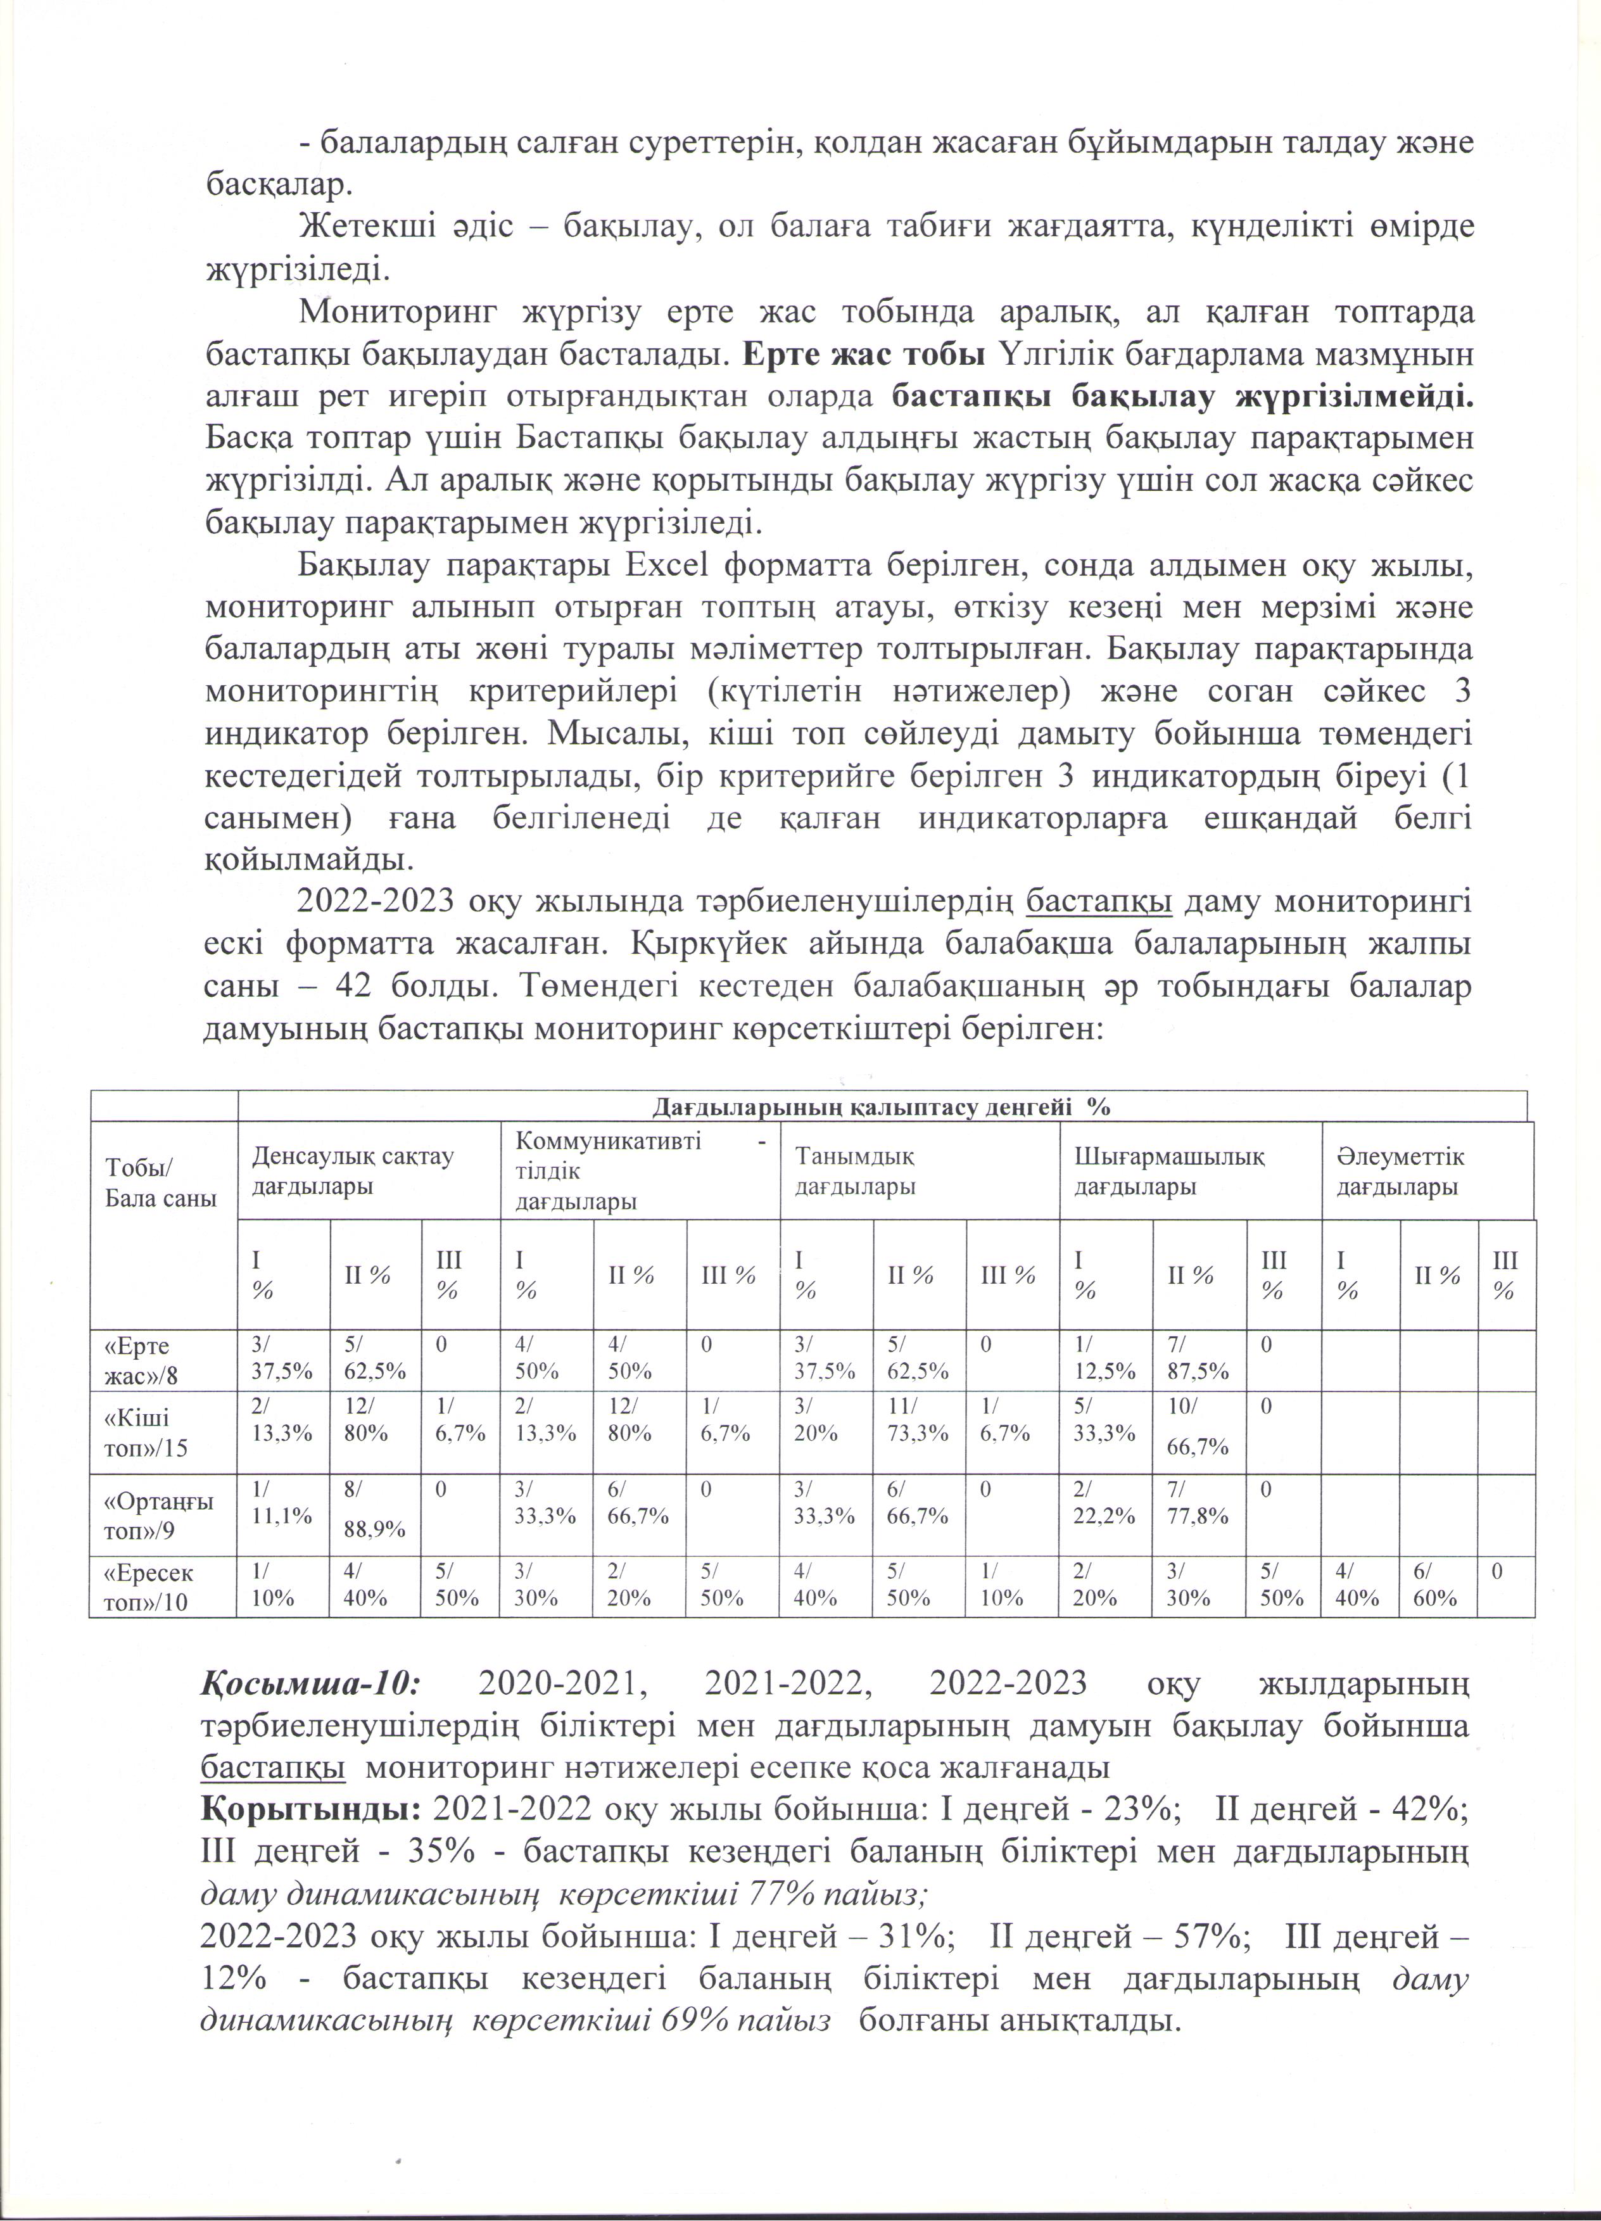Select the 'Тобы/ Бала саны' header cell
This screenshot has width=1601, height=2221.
click(161, 1184)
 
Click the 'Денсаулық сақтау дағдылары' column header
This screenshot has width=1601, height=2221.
click(353, 1171)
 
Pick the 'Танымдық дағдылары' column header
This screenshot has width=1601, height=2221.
click(855, 1171)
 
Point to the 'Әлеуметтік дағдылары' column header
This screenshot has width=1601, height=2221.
click(1400, 1171)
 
